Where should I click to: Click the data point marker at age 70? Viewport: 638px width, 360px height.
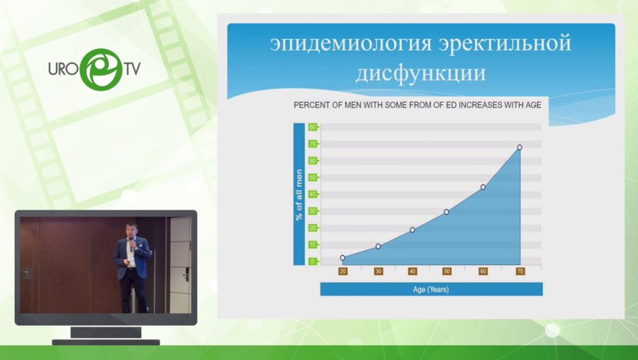[520, 147]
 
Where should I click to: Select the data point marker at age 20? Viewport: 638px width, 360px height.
[342, 258]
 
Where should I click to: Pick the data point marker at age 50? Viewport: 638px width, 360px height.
[447, 212]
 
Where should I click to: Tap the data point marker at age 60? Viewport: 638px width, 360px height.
[483, 187]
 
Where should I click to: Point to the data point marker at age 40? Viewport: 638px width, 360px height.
[412, 230]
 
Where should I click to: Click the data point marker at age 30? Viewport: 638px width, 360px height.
[378, 246]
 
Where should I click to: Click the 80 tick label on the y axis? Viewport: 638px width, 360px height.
[312, 128]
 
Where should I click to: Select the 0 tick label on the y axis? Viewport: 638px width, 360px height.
[312, 261]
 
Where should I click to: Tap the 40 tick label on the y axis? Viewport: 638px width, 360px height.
[312, 194]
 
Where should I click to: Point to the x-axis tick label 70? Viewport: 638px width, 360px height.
[520, 271]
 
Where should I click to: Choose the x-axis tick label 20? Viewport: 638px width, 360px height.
[342, 271]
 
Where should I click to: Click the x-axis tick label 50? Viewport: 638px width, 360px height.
[447, 271]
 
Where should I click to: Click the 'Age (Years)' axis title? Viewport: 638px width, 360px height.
[431, 289]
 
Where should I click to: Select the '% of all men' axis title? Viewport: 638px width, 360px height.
[298, 194]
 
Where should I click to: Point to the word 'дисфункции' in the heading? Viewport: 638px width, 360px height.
[420, 72]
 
